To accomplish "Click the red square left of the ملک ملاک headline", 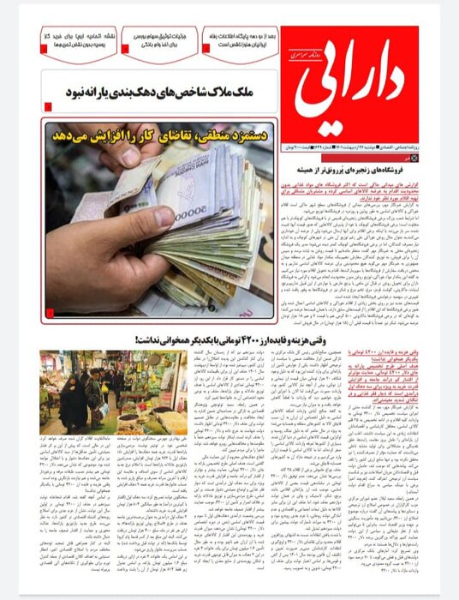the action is (x=48, y=106).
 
